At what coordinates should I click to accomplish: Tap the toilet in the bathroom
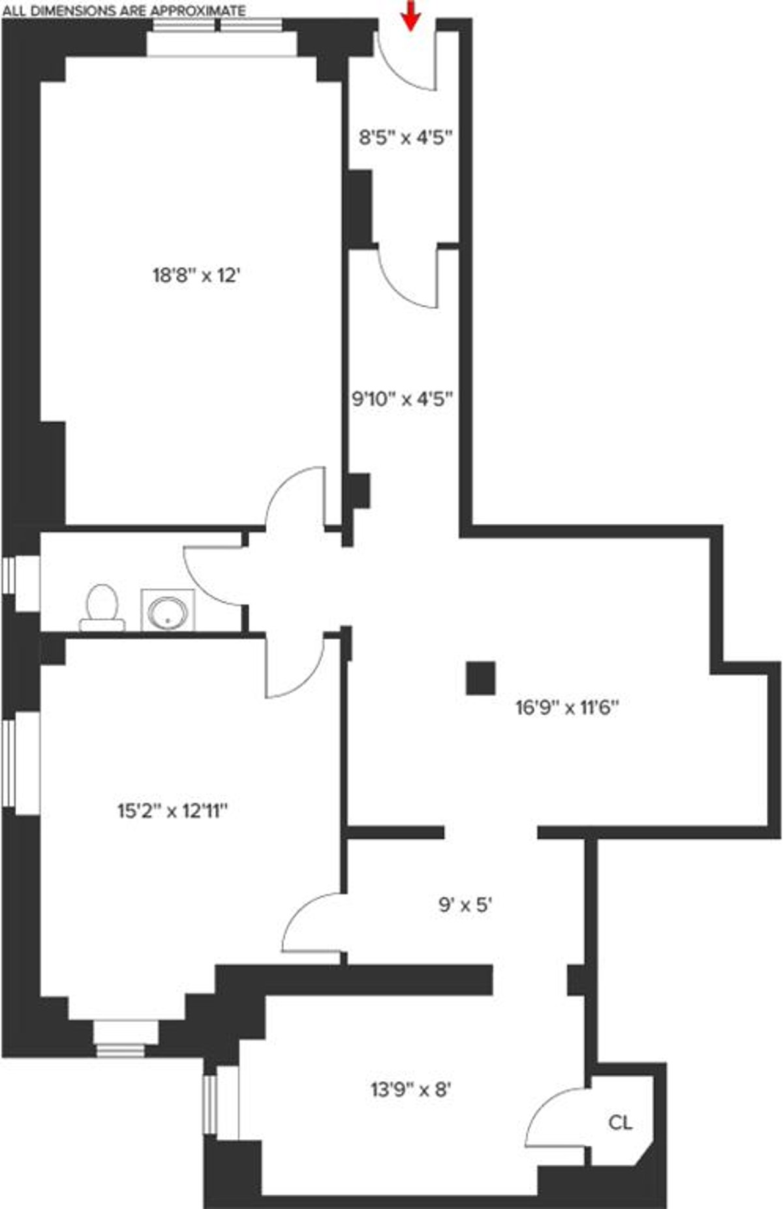click(x=102, y=607)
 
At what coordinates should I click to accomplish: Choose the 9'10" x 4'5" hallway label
click(x=403, y=398)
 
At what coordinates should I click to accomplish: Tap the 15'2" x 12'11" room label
click(x=172, y=811)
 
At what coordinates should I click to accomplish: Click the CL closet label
click(x=620, y=1122)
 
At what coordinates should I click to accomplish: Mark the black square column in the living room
click(x=481, y=678)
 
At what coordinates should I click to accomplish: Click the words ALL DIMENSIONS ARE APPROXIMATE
click(x=124, y=10)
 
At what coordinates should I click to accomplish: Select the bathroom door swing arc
click(x=212, y=574)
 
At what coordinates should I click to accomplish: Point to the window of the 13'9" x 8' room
click(x=209, y=1104)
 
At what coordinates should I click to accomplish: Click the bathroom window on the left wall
click(x=9, y=575)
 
